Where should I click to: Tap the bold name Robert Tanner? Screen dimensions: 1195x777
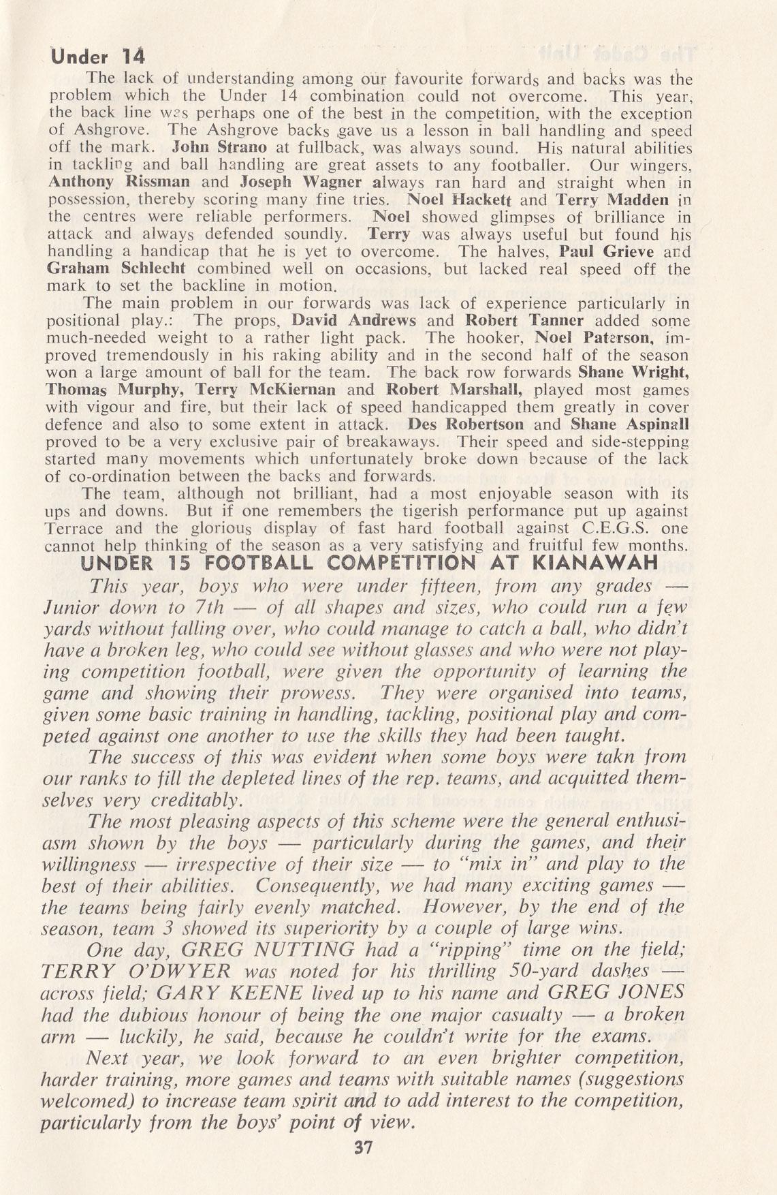pyautogui.click(x=524, y=320)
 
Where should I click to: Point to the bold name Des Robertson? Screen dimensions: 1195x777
pyautogui.click(x=466, y=424)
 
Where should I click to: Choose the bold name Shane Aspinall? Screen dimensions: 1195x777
pyautogui.click(x=629, y=424)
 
